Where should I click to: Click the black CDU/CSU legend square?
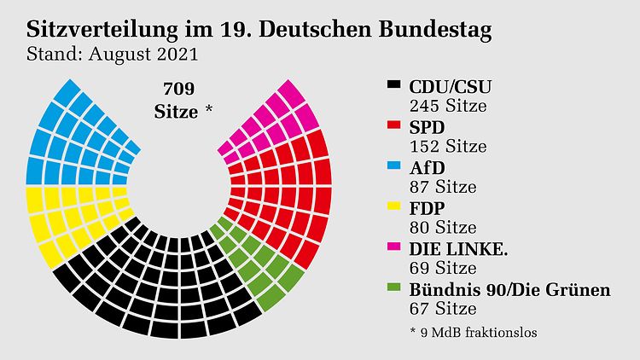(394, 86)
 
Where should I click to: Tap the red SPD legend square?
(394, 126)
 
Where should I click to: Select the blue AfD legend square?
(394, 167)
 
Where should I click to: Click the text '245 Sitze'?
(448, 107)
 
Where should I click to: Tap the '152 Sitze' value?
(448, 147)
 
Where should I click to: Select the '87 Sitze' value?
(442, 187)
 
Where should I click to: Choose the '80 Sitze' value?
(442, 228)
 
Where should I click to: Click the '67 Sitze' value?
(442, 309)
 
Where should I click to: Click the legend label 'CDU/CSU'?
(451, 86)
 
